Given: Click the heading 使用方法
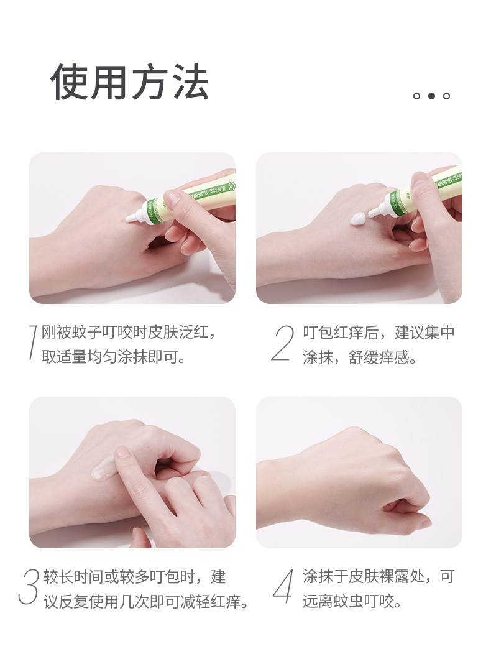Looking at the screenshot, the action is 129,81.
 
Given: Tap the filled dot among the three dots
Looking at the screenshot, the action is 431,96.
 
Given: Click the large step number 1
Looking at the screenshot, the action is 32,342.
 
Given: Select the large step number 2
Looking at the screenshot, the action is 283,343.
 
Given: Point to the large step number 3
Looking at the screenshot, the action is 29,586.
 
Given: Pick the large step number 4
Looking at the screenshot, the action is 283,586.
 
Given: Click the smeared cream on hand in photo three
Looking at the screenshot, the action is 103,467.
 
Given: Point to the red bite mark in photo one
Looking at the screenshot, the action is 121,221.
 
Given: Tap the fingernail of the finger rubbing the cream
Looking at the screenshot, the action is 123,451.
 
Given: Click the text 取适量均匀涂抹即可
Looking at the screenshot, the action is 113,357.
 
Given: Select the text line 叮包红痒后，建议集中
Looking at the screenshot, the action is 379,333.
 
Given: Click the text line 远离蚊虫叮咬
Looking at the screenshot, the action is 352,601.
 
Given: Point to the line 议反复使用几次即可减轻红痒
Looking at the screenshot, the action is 146,601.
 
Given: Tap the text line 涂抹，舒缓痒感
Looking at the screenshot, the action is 359,357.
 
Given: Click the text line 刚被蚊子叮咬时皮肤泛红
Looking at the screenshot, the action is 128,332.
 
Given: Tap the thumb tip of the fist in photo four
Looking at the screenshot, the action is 426,522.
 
